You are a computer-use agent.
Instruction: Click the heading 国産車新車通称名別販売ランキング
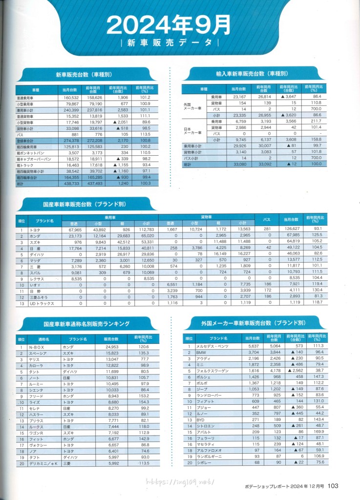coord(85,323)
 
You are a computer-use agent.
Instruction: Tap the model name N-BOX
coord(37,347)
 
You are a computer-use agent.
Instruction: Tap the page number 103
coord(334,485)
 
